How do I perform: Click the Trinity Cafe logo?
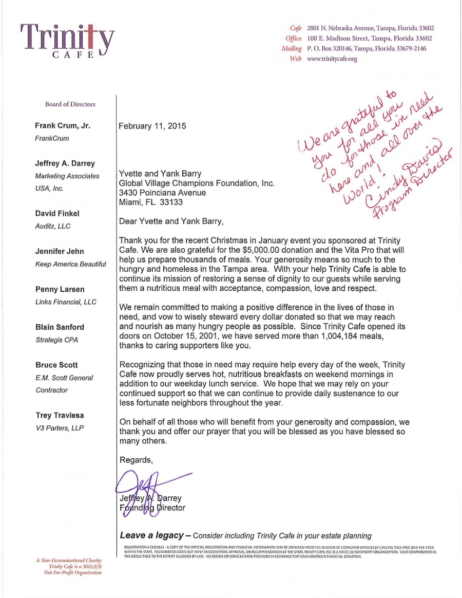[67, 41]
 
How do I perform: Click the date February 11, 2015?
[152, 126]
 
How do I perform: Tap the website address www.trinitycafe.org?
[332, 59]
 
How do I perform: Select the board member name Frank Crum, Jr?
[63, 126]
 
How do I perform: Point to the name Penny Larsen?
[60, 289]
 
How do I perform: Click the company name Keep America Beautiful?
[71, 264]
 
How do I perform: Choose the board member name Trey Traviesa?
[60, 415]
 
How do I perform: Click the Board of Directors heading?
[70, 104]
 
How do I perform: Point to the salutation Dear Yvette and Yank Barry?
[171, 221]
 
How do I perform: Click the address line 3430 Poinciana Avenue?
[162, 193]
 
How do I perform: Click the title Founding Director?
[152, 508]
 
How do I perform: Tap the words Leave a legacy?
[151, 535]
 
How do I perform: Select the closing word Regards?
[136, 460]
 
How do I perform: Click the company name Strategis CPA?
[57, 340]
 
